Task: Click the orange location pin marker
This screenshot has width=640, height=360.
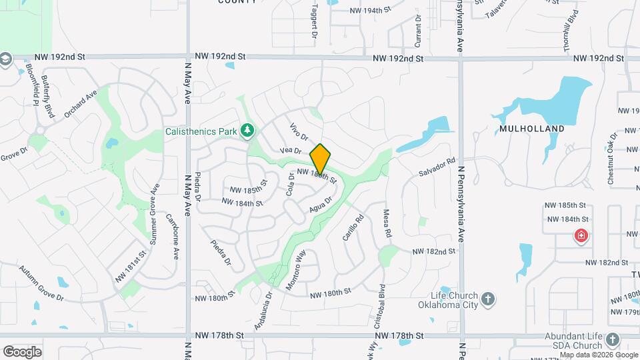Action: coord(320,159)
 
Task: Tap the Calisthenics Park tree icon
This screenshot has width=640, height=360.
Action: coord(248,130)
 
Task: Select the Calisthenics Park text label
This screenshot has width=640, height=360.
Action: coord(201,131)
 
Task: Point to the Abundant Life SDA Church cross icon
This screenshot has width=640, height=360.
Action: coord(613,341)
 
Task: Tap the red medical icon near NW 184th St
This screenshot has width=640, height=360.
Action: coord(581,235)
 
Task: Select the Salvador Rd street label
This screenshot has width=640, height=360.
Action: coord(437,167)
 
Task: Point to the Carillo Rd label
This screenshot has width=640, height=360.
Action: coord(353,227)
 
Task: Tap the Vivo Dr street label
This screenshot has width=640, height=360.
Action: coord(299,131)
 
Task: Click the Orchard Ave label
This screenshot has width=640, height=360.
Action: coord(81,103)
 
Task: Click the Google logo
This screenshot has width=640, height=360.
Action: coord(22,351)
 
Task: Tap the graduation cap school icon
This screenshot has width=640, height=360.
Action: coord(6,59)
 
